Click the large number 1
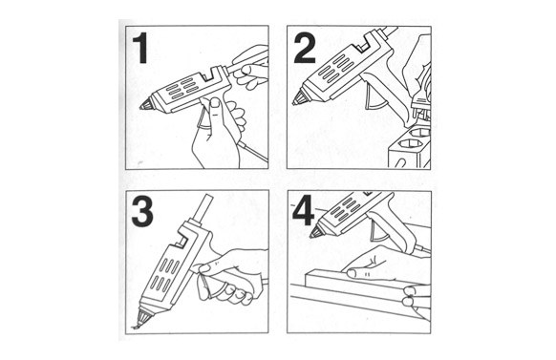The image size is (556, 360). pos(141,48)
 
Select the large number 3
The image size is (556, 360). pos(142,212)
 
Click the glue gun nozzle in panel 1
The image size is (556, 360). pos(146,104)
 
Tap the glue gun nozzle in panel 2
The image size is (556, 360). pos(299,97)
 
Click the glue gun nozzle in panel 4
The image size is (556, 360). pos(315,231)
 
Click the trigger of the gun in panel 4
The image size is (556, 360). pos(378,235)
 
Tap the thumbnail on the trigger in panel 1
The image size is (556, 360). pos(215,103)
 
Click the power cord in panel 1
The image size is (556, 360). pos(252,150)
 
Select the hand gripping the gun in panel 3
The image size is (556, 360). pos(230,276)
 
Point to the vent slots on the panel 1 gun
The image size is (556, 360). pos(182,89)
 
